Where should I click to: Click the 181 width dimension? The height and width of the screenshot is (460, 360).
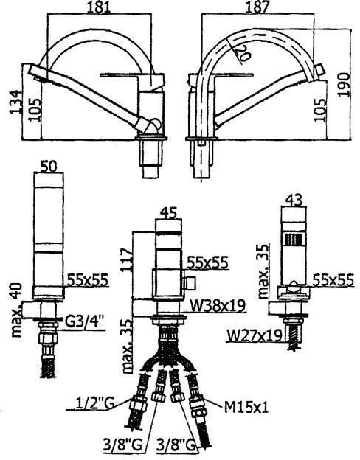[100, 7]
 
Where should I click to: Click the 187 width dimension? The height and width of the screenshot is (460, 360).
[257, 7]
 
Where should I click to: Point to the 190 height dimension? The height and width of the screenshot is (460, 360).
[343, 84]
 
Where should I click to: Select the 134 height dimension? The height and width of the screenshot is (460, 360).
[15, 102]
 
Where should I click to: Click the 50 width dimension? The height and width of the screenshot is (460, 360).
[49, 167]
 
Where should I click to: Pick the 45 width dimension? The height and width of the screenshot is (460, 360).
[168, 213]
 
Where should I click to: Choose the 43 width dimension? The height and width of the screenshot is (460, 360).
[294, 201]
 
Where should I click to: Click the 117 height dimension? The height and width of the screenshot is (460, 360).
[127, 260]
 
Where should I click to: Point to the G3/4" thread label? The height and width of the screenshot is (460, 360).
[84, 323]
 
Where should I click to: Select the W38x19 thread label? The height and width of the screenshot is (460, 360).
[218, 306]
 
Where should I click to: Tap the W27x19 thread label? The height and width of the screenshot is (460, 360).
[254, 335]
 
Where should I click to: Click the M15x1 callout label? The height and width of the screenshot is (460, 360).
[246, 407]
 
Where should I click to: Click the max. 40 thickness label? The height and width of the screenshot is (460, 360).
[17, 310]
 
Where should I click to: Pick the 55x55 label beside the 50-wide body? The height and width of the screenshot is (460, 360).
[88, 280]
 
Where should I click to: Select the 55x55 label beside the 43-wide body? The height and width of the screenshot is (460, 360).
[333, 281]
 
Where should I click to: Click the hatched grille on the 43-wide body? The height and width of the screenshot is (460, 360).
[294, 239]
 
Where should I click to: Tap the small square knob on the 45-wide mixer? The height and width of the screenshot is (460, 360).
[190, 283]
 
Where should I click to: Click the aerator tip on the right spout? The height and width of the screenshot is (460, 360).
[319, 71]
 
